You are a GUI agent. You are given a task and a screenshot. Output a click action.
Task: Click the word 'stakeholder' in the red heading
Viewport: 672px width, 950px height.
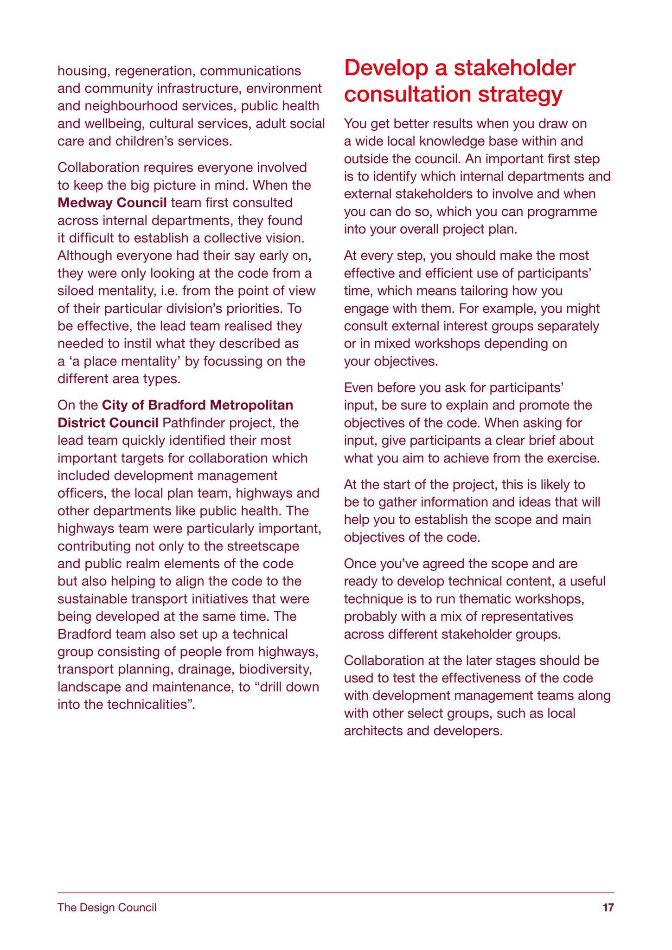513,68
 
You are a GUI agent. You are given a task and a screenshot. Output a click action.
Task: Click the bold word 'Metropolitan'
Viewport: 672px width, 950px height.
251,405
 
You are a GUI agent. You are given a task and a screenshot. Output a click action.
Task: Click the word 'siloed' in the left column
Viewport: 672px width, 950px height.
77,291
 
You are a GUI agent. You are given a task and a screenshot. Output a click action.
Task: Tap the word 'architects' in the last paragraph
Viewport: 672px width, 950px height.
373,731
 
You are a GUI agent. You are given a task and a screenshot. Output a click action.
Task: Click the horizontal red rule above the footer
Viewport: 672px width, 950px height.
336,892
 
